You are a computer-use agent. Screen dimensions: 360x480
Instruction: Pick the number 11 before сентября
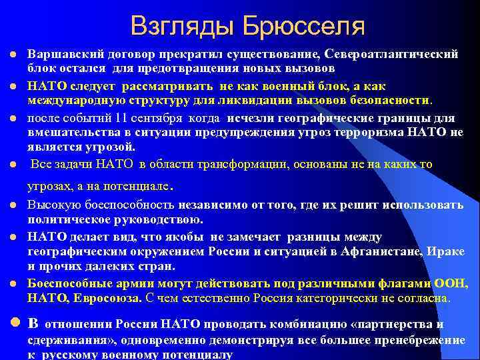tap(121, 118)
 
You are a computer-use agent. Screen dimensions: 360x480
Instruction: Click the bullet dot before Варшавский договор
tap(13, 53)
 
